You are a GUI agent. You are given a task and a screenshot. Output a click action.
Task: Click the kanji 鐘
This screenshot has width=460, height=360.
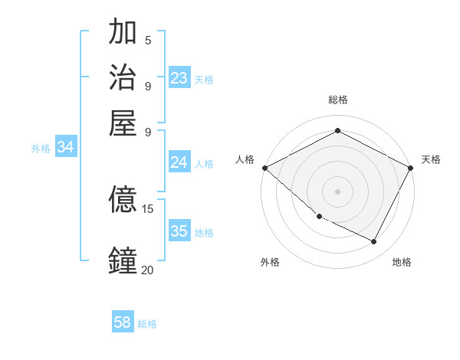(123, 260)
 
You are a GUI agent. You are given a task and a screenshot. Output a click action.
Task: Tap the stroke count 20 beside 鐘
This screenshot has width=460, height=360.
(148, 269)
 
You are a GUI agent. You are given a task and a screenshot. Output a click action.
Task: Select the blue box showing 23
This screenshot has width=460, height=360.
(179, 77)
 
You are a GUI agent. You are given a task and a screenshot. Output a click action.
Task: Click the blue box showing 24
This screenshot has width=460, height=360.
(179, 162)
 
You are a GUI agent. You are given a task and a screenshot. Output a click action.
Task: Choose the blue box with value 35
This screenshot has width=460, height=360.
(179, 231)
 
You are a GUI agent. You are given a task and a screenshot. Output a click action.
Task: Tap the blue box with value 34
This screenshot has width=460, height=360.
(65, 147)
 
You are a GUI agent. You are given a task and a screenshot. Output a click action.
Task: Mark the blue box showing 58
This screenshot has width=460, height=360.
(123, 322)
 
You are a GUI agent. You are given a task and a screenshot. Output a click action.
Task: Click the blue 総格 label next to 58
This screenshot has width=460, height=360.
(147, 324)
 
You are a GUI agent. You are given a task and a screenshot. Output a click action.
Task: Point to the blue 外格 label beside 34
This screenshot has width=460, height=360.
(41, 149)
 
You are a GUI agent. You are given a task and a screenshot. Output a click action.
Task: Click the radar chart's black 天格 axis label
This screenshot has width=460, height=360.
(431, 159)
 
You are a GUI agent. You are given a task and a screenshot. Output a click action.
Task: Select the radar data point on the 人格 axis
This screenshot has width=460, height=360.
(264, 168)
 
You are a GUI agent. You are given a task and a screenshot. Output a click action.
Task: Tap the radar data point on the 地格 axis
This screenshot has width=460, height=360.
(374, 242)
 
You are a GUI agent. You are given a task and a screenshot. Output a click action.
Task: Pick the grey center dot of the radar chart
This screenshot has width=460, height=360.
(337, 191)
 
